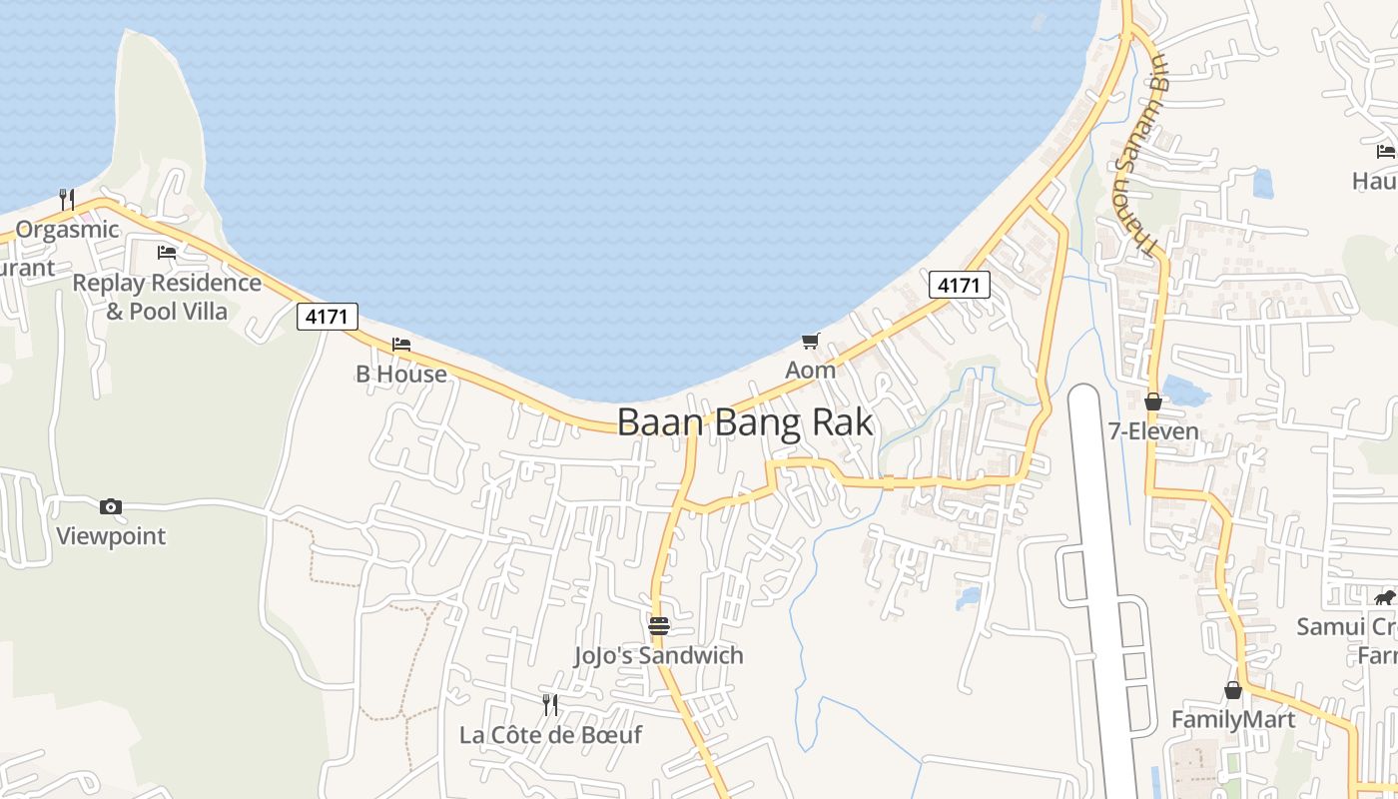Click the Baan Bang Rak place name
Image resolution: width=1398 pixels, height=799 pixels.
point(745,422)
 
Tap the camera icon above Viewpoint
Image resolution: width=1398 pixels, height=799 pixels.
point(111,506)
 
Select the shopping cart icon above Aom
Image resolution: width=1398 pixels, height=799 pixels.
point(810,341)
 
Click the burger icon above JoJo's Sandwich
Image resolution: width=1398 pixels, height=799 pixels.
point(658,626)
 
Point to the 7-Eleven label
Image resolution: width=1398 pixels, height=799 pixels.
point(1153,431)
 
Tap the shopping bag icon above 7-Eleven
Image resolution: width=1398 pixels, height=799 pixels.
point(1153,401)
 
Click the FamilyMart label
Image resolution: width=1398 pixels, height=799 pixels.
point(1233,719)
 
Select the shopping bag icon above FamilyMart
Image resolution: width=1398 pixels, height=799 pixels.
point(1233,690)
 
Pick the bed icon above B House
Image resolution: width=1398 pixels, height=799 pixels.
point(401,345)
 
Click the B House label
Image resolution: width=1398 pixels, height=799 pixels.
point(401,374)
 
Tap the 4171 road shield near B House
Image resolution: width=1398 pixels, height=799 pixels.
point(327,317)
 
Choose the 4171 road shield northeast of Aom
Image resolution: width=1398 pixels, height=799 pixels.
point(959,285)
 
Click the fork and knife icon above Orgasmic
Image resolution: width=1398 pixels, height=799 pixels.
point(67,200)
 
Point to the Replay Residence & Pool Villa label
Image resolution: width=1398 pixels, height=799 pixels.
point(167,297)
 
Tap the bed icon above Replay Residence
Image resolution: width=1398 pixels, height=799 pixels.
point(167,253)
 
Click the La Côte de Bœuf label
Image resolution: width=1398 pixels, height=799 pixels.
point(550,735)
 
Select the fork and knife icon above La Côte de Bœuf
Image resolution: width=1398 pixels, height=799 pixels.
point(550,705)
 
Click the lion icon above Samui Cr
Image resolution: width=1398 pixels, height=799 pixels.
point(1384,598)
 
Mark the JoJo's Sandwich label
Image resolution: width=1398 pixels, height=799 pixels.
point(658,655)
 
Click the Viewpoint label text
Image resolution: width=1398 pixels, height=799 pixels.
point(111,535)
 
